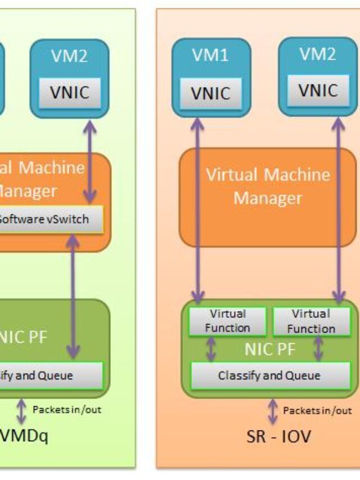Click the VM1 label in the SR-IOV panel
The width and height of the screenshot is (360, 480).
211,55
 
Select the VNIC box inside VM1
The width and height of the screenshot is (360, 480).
211,93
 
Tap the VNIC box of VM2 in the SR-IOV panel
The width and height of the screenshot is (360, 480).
317,91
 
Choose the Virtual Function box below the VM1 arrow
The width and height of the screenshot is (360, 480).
228,321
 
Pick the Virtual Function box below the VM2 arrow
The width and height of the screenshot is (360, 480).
310,321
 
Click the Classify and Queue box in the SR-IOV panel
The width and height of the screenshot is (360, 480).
268,375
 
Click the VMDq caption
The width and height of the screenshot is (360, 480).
25,435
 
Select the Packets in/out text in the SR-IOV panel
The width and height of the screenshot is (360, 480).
317,410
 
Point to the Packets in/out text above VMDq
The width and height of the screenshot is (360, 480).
67,410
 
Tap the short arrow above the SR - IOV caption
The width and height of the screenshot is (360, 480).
273,412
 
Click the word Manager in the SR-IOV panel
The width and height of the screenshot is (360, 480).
268,198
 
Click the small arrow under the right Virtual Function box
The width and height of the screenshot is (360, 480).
318,349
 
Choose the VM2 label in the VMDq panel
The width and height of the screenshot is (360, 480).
69,57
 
